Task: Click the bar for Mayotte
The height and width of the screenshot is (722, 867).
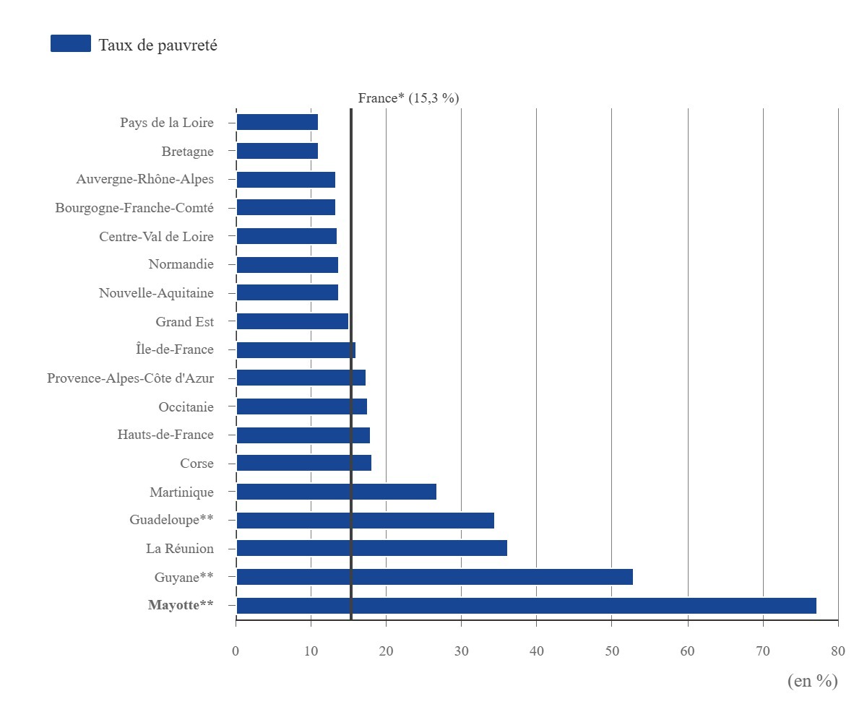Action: [x=526, y=606]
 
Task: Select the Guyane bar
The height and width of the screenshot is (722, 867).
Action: [x=434, y=577]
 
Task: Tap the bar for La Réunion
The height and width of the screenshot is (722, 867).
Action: [x=371, y=548]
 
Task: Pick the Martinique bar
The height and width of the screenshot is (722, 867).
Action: [x=337, y=491]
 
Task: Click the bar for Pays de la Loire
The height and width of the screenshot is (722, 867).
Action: [x=277, y=122]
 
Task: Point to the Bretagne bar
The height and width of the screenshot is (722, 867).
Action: [x=277, y=151]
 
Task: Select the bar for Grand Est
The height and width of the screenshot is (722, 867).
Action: [x=293, y=321]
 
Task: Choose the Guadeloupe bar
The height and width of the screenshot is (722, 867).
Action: [x=365, y=521]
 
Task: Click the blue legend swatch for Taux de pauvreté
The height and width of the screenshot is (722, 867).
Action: [x=71, y=43]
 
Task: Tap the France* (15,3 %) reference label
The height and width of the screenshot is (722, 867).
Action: [x=408, y=98]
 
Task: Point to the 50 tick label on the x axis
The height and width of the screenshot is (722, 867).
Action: [x=612, y=651]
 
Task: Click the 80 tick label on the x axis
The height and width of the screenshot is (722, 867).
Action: [x=838, y=651]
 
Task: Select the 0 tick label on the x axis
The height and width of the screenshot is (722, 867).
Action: [x=236, y=651]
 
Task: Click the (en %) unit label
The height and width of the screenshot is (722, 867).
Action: [x=813, y=681]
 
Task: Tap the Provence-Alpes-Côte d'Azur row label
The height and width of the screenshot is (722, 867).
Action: [x=130, y=378]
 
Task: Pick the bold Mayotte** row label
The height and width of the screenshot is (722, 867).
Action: [x=181, y=605]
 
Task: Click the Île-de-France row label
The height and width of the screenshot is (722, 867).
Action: [x=174, y=349]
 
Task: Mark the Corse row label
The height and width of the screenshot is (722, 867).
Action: [x=197, y=463]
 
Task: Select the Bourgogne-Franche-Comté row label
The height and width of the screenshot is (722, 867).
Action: [x=134, y=207]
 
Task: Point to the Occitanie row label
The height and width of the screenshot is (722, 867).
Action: [x=186, y=406]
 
